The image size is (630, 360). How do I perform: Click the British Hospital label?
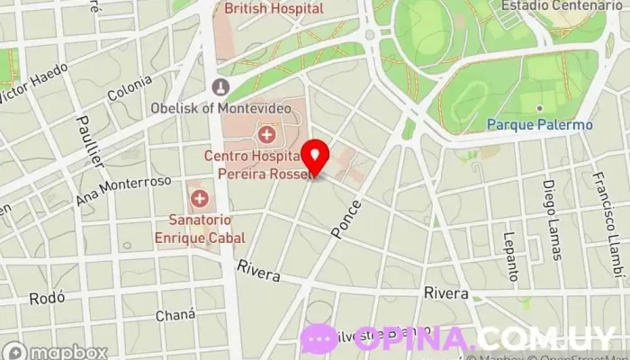pos(274,8)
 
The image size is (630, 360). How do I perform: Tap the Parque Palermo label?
pos(540,125)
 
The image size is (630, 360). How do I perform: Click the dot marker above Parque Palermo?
pos(539,109)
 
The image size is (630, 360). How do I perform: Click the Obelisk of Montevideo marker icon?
pos(218,86)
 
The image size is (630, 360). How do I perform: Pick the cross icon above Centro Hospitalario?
pos(266,136)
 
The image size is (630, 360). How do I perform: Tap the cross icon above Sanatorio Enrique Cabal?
pos(199,197)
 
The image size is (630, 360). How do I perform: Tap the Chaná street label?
pos(175,315)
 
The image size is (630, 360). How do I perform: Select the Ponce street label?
pos(346,219)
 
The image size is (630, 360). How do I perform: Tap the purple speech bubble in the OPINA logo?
pos(319,338)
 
